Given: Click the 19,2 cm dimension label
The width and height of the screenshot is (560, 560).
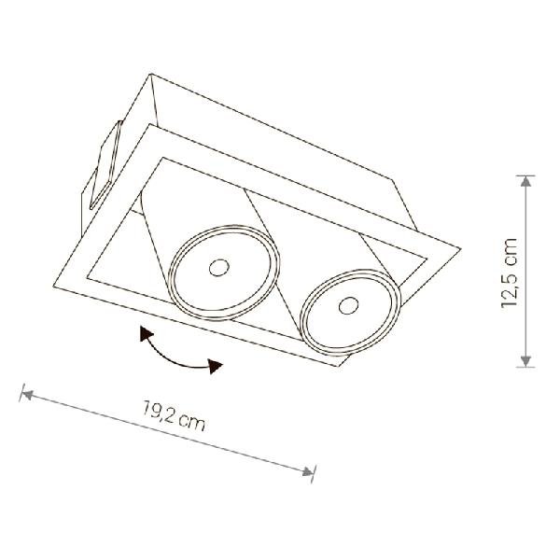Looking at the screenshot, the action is [x=174, y=415].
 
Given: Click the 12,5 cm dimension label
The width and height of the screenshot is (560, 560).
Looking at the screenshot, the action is [x=509, y=273].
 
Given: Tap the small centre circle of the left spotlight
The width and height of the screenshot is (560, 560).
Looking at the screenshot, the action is [x=219, y=268].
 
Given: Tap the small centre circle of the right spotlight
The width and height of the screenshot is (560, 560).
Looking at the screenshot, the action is [x=348, y=306].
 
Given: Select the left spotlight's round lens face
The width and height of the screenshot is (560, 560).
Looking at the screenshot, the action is [x=224, y=273].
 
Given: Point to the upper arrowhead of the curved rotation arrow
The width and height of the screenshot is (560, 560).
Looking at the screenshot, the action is [x=146, y=334].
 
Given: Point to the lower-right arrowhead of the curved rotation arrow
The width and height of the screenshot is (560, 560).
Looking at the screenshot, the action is [x=215, y=366].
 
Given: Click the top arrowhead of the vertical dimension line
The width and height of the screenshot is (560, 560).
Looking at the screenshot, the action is [x=525, y=181].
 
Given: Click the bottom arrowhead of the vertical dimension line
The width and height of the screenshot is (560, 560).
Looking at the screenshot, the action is [x=525, y=360].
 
